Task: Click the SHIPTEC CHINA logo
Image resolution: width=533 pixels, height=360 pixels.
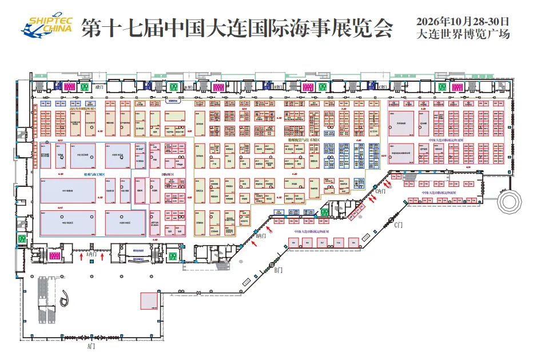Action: pos(47,25)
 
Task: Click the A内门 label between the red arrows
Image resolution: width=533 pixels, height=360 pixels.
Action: pos(92,255)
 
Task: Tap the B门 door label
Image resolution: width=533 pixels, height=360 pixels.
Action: pos(278,270)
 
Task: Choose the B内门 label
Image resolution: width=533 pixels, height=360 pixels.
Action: pos(262,235)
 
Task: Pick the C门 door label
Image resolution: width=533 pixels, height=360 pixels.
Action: pos(400,225)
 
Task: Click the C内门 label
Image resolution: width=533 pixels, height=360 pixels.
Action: pos(380,191)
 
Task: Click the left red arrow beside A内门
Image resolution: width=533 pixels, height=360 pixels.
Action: pos(81,258)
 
